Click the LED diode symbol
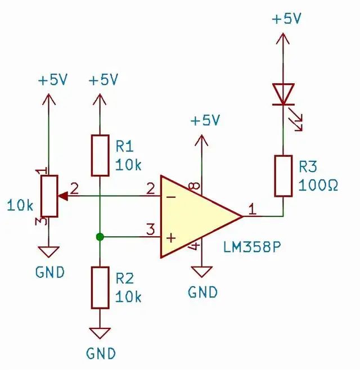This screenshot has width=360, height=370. [283, 94]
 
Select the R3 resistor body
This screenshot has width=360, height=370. [283, 176]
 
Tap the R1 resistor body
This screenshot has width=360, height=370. [100, 155]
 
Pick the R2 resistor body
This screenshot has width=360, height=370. [100, 287]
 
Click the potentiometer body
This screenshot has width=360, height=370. [49, 196]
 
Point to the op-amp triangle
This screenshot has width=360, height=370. [197, 216]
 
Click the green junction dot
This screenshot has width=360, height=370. [100, 237]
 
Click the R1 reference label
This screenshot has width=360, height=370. [124, 147]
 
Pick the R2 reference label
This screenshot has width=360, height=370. [124, 278]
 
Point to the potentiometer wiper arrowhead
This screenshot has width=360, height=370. [64, 196]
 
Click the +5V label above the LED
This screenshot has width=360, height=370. [286, 19]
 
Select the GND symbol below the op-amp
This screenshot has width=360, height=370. [201, 272]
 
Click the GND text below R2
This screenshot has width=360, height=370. [101, 353]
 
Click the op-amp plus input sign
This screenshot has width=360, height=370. [170, 237]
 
